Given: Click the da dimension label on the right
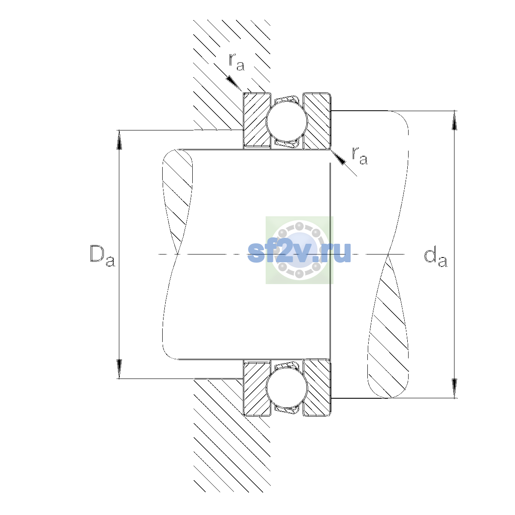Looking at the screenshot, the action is tap(435, 258).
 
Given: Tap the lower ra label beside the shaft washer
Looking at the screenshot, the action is tap(360, 156).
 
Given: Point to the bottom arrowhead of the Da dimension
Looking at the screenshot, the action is tap(119, 369).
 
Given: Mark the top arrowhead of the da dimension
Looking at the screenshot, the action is tap(454, 120).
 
